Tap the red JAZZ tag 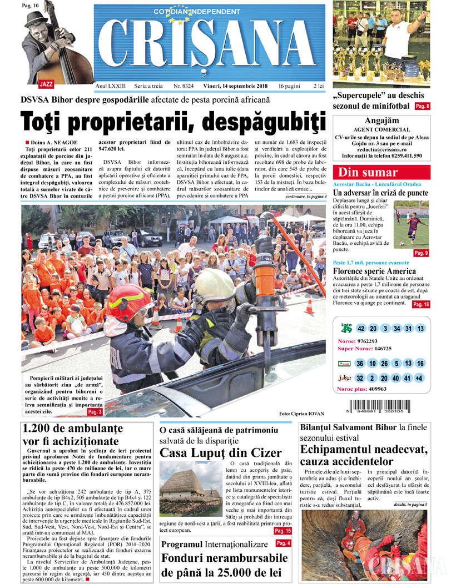click(46, 84)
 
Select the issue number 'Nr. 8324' click(184, 87)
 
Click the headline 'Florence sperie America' click(374, 271)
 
